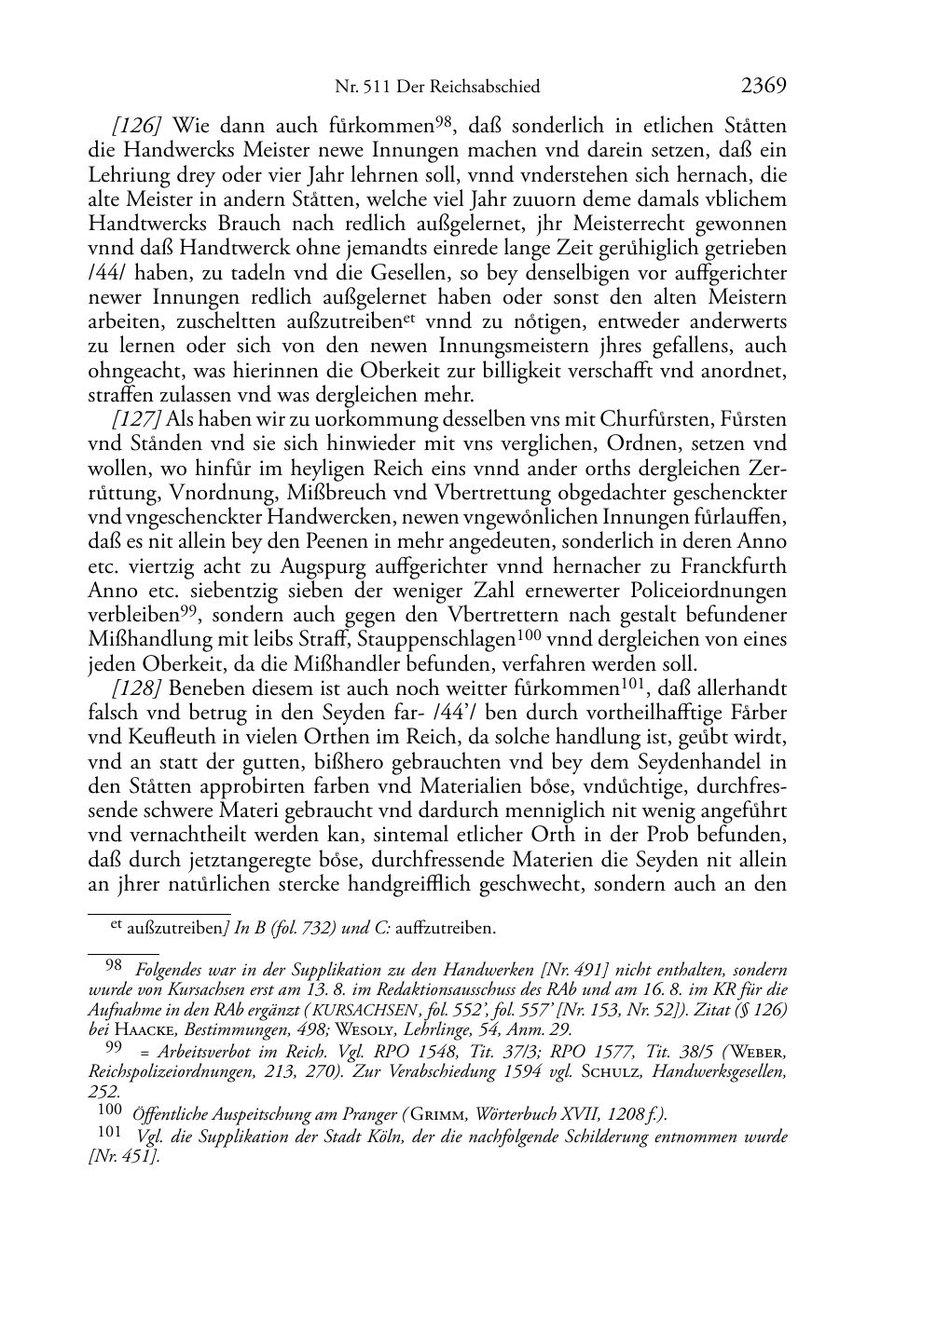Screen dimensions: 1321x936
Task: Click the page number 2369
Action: [x=764, y=87]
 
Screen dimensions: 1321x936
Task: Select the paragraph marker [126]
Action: [x=137, y=126]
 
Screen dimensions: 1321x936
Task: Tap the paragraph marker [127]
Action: [x=137, y=419]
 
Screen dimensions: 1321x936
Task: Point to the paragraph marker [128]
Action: [x=137, y=688]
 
